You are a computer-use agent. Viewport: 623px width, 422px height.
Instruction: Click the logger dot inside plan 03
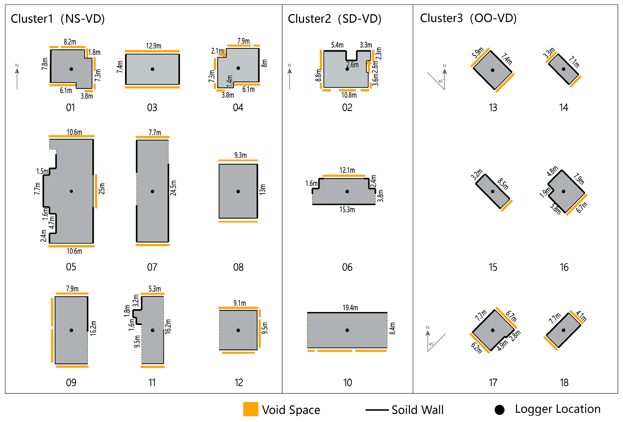(x=152, y=69)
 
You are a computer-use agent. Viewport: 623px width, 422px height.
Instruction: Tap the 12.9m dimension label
(x=154, y=46)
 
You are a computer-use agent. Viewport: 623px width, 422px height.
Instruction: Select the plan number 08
(x=238, y=267)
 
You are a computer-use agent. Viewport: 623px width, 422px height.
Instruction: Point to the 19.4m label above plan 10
(x=350, y=308)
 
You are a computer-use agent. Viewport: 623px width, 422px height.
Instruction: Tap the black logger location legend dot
(x=499, y=410)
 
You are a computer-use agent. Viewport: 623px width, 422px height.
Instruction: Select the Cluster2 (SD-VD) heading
(x=334, y=19)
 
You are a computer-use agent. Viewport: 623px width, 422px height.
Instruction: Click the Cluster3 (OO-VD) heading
(x=468, y=18)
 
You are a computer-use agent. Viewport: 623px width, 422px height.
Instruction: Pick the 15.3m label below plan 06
(x=347, y=210)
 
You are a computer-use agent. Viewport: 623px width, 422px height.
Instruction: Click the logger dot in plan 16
(x=563, y=191)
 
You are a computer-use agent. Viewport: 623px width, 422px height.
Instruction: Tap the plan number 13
(x=493, y=107)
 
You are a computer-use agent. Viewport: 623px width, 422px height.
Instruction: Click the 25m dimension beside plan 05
(x=102, y=189)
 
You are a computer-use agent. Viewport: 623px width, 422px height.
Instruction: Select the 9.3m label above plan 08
(x=241, y=155)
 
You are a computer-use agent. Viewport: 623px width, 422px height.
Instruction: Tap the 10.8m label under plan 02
(x=349, y=95)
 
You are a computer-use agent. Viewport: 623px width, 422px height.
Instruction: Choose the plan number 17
(x=493, y=382)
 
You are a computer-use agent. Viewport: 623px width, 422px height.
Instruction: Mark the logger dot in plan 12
(x=238, y=330)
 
